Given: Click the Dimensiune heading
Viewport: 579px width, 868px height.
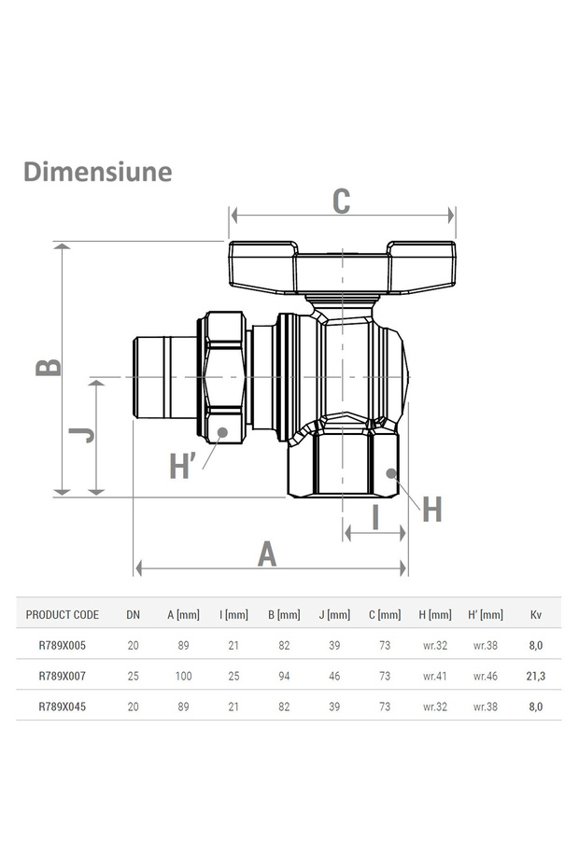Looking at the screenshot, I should (x=97, y=172).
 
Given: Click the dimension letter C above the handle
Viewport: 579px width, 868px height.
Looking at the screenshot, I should (x=342, y=201).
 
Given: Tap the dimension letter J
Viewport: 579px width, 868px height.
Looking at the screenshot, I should (x=83, y=434).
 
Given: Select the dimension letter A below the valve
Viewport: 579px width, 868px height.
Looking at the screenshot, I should (x=268, y=553).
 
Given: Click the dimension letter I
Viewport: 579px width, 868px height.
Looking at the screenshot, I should (x=375, y=516).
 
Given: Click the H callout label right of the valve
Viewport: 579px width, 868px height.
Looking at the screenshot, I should (x=431, y=510).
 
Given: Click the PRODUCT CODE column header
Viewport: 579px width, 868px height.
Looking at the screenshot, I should (x=63, y=614).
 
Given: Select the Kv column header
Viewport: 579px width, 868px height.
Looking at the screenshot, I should (x=535, y=614).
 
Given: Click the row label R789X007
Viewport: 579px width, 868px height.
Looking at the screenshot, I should (x=63, y=675).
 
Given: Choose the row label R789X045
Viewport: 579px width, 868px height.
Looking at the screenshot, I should (x=63, y=707).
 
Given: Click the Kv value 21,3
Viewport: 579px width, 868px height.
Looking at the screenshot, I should (x=535, y=675).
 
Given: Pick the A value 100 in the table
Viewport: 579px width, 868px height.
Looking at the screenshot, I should (x=183, y=675).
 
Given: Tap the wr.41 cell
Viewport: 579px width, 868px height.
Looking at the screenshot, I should (x=434, y=675).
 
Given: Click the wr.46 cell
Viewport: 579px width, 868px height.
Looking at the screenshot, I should (x=486, y=675).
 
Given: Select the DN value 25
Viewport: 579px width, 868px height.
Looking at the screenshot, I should (x=134, y=675).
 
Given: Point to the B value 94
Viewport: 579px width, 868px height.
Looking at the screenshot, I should (x=284, y=675).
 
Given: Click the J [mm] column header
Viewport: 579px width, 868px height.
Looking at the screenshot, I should (x=334, y=614).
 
